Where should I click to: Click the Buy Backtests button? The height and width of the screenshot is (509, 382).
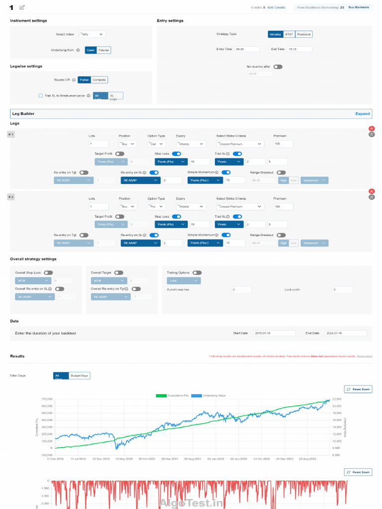(359, 7)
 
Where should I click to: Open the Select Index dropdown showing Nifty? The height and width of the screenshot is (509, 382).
(92, 34)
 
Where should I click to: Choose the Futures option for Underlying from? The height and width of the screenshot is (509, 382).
(104, 50)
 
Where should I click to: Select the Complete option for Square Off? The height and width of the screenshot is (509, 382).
(99, 80)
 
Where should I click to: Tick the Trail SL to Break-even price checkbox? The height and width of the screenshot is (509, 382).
(41, 95)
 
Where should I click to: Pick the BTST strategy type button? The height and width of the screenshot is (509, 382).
(289, 34)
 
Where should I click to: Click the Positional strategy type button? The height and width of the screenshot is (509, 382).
(304, 34)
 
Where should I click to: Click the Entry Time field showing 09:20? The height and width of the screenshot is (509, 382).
(247, 49)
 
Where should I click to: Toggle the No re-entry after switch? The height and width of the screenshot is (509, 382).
(278, 67)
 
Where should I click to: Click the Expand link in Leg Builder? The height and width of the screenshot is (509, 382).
(363, 114)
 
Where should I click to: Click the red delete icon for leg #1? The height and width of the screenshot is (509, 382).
(372, 129)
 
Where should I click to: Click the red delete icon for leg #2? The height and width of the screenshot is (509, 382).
(372, 191)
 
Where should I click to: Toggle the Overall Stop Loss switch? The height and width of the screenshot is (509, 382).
(48, 273)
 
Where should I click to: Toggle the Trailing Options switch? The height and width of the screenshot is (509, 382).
(197, 273)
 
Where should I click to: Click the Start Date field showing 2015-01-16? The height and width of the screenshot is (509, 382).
(274, 333)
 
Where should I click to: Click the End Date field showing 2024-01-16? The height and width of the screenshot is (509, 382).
(345, 333)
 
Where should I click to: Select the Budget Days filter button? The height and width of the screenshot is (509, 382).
(80, 376)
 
